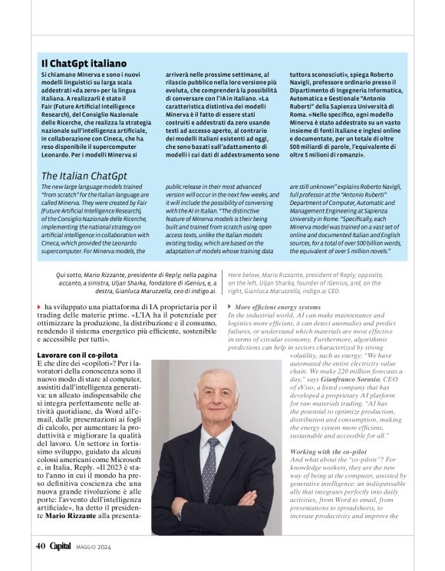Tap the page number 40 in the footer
pos(40,546)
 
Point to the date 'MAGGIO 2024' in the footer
pos(94,546)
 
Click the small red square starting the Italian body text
pos(39,307)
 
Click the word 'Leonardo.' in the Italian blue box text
pos(58,154)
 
